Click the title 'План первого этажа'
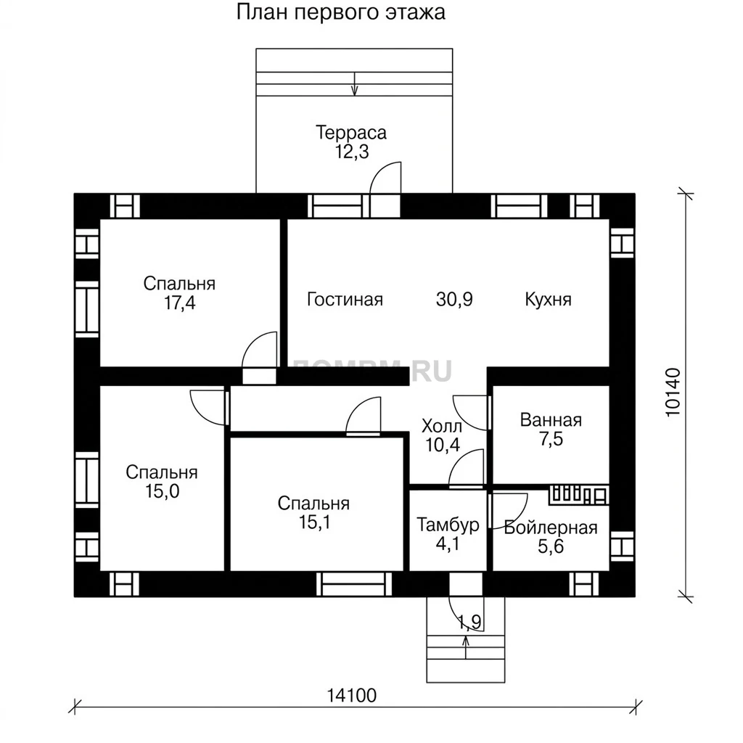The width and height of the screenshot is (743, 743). pos(341,12)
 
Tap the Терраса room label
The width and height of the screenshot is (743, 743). pos(351,133)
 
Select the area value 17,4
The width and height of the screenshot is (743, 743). pos(180,303)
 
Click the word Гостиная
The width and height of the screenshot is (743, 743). pos(345,300)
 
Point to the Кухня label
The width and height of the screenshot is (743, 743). pos(549,300)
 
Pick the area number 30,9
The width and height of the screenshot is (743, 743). pos(454,300)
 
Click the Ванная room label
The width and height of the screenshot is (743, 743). pos(551,420)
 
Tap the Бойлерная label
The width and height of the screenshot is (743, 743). pos(551,528)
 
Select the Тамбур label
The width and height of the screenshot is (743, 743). pos(448,525)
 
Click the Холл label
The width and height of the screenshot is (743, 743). pos(442,427)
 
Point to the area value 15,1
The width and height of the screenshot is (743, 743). pos(315,522)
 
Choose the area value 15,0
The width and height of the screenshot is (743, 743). pos(163,492)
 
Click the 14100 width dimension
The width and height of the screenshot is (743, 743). pos(352,696)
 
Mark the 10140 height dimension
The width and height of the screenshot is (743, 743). pos(673,393)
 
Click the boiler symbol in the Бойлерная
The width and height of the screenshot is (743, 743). pos(579,494)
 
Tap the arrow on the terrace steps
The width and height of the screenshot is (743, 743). pos(355,84)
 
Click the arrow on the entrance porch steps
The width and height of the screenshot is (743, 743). pos(466,647)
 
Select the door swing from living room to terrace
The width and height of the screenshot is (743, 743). pos(385,178)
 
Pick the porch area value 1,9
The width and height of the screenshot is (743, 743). pos(470,622)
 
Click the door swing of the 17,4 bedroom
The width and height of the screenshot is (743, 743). pos(259,349)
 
